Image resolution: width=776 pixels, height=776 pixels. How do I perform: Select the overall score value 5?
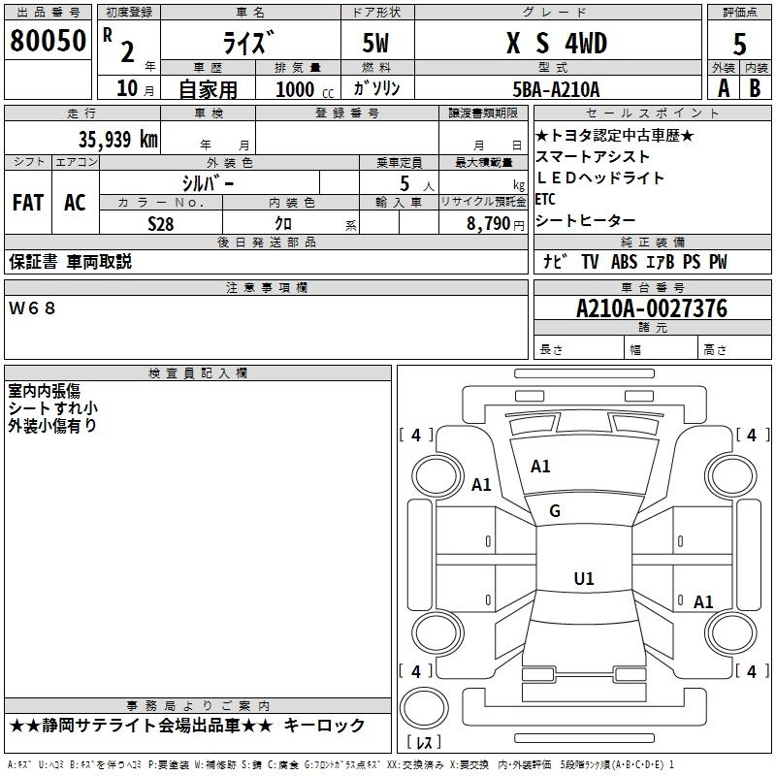tap(739, 44)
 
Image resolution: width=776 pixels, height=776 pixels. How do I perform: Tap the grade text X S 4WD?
tap(556, 43)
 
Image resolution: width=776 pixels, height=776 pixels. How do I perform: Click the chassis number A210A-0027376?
tap(651, 308)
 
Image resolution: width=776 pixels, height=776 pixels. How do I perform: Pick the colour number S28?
tap(161, 222)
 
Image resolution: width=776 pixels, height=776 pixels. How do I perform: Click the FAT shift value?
tap(28, 203)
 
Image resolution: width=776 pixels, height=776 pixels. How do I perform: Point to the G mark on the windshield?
tap(555, 511)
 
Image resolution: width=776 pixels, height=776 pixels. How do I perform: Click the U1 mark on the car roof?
tap(583, 579)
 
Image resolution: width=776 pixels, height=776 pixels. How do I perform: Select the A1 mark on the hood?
tap(540, 467)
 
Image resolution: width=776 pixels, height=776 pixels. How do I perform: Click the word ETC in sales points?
tap(546, 199)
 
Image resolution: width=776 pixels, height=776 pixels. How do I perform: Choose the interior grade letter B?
tap(755, 87)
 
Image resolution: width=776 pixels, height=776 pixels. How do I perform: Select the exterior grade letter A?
tap(723, 87)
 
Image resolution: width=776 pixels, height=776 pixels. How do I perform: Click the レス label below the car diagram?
tap(423, 743)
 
